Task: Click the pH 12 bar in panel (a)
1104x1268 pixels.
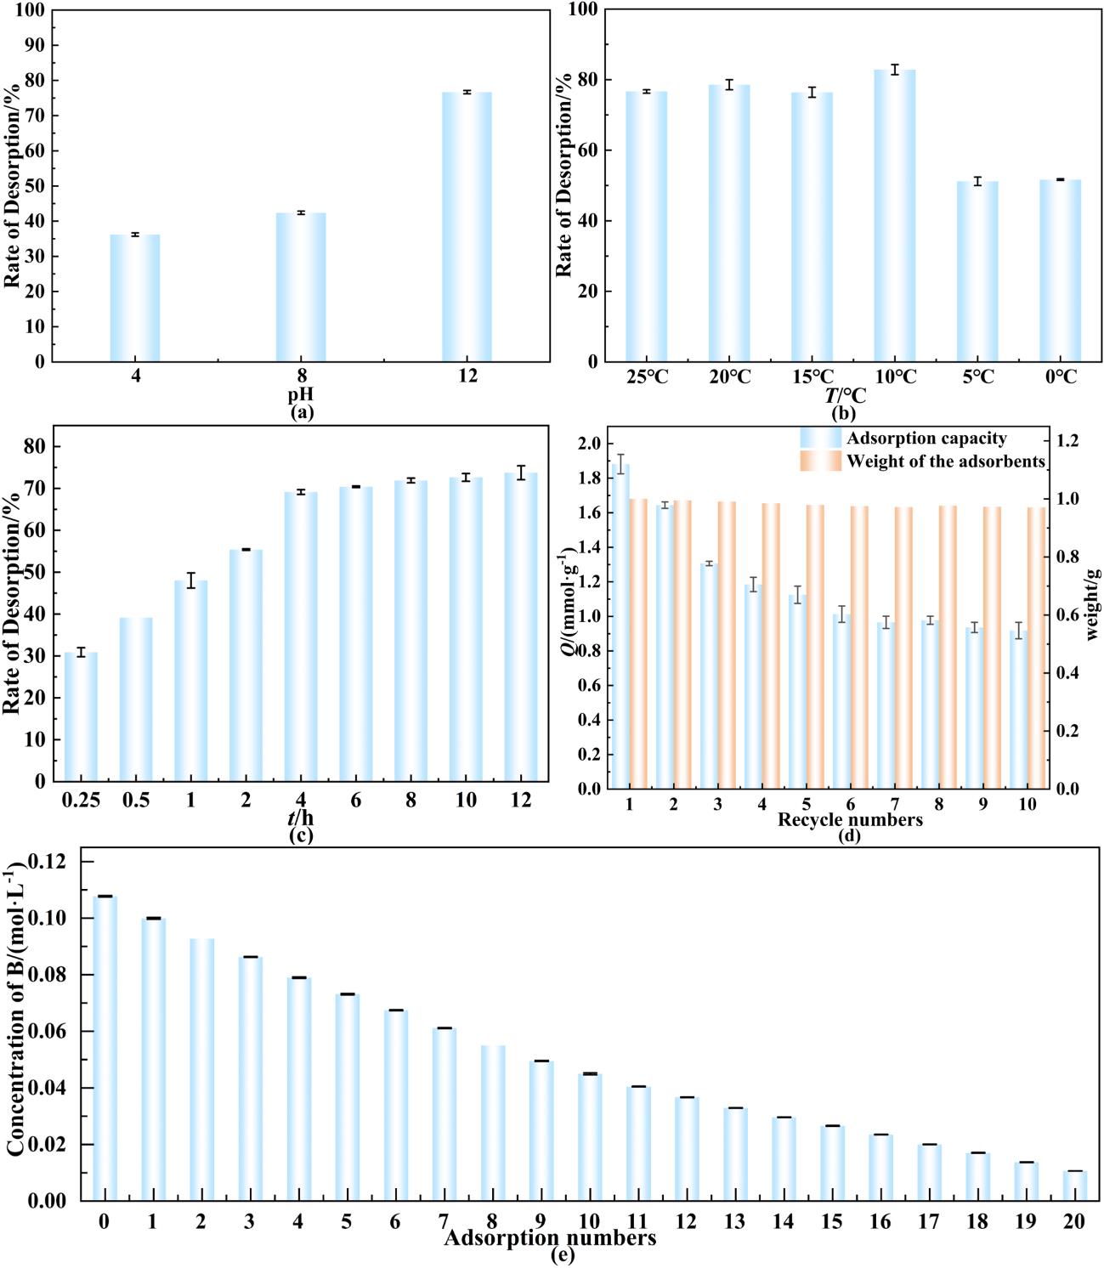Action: pos(467,227)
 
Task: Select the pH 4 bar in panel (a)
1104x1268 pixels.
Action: pos(135,297)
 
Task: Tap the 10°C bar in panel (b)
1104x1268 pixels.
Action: pos(894,216)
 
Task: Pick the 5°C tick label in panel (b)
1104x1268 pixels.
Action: pos(977,376)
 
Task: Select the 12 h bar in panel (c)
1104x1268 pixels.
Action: pos(521,627)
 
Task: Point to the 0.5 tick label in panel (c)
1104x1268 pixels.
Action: pos(135,801)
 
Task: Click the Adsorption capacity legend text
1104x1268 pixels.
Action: pos(926,439)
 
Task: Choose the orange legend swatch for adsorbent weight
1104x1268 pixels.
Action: pos(820,461)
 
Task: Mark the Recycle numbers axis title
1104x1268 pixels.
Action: pos(850,820)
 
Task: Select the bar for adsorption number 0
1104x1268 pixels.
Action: pos(105,1049)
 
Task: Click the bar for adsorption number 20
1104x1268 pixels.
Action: pos(1074,1186)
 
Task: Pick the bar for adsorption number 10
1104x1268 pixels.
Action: pos(590,1137)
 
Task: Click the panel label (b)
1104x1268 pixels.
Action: pos(843,414)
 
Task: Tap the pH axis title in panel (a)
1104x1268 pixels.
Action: pos(301,395)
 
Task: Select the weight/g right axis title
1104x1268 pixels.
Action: pos(1093,603)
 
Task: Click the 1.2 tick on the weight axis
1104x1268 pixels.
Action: pos(1068,440)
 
